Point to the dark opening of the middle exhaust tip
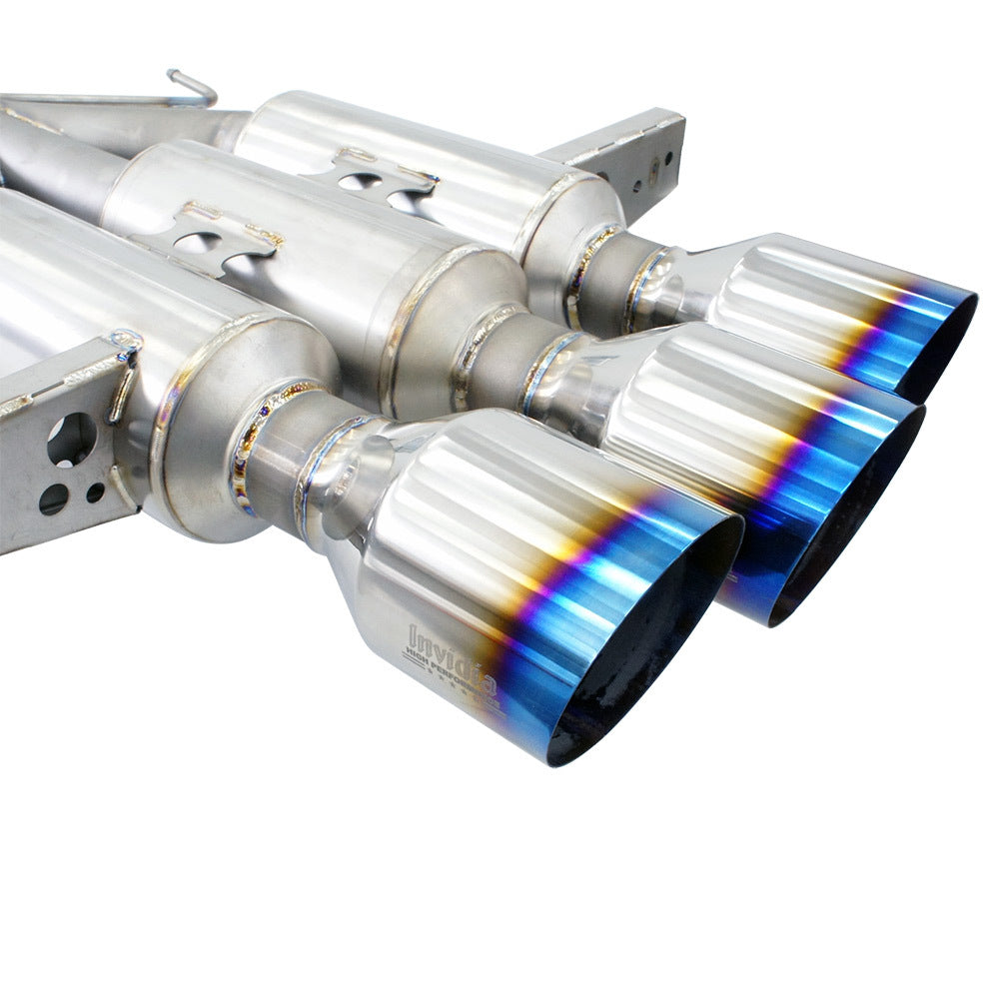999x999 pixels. point(849,519)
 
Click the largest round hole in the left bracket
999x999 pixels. point(71,439)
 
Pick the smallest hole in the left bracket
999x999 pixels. point(96,492)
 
